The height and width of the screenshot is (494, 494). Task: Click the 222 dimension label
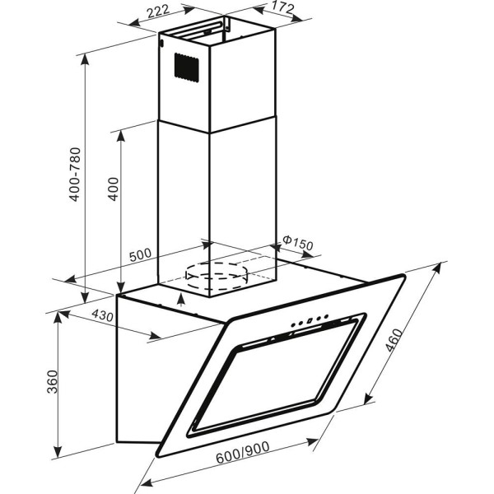click(158, 12)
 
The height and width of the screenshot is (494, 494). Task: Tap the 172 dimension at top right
click(282, 7)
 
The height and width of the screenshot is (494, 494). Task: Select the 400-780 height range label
click(75, 175)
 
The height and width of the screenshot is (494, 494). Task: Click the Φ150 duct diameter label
click(298, 243)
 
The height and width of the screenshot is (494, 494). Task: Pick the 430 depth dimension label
click(102, 315)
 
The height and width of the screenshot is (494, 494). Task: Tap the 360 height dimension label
click(53, 382)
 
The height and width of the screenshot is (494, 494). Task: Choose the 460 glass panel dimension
click(394, 341)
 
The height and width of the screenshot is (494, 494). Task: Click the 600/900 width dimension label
click(243, 452)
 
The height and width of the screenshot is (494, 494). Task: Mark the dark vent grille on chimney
click(187, 68)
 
